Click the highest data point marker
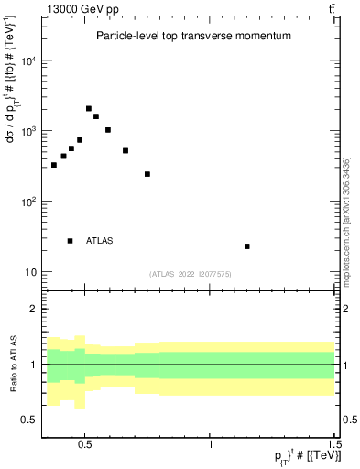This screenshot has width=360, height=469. [89, 108]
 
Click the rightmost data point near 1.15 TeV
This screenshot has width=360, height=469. [247, 246]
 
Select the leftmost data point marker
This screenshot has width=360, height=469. [54, 165]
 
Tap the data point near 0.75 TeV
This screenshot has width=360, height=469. [147, 174]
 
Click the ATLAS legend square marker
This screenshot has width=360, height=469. [70, 241]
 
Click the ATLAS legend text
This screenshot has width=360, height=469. [100, 241]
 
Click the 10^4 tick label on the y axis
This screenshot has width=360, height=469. [28, 61]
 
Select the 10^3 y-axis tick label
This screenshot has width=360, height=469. [28, 132]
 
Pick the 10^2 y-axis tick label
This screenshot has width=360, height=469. [28, 202]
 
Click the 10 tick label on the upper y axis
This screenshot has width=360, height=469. [30, 272]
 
